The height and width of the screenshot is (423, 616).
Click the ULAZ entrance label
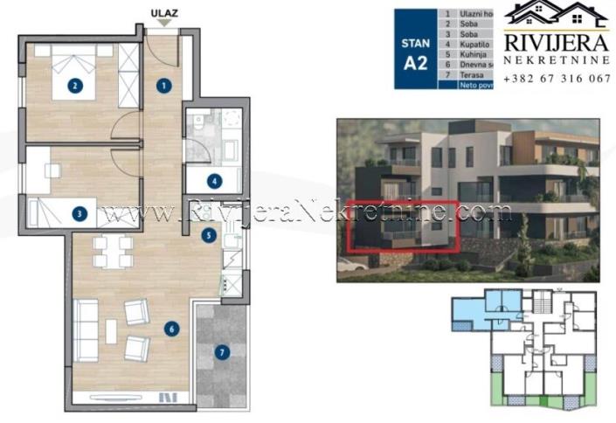click(x=159, y=13)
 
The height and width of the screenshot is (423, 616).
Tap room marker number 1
click(x=163, y=86)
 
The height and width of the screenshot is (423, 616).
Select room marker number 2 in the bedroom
click(x=76, y=86)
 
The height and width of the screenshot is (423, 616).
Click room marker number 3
click(x=79, y=212)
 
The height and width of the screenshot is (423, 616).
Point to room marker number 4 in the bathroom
click(x=213, y=182)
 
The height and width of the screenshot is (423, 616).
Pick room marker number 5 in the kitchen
click(x=208, y=234)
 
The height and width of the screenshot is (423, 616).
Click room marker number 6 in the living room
click(x=171, y=329)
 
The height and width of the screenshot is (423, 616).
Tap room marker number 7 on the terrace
click(x=221, y=353)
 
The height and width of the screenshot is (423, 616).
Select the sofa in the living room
click(x=86, y=329)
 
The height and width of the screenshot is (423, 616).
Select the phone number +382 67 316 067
click(x=557, y=78)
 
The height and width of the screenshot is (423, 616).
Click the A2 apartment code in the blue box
click(x=414, y=63)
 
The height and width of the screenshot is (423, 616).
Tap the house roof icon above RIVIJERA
click(x=557, y=13)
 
